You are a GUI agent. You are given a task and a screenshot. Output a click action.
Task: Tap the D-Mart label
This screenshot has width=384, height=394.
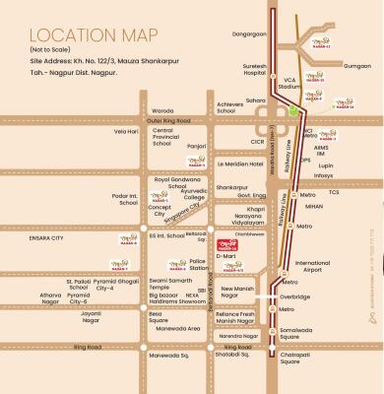[225, 255]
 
